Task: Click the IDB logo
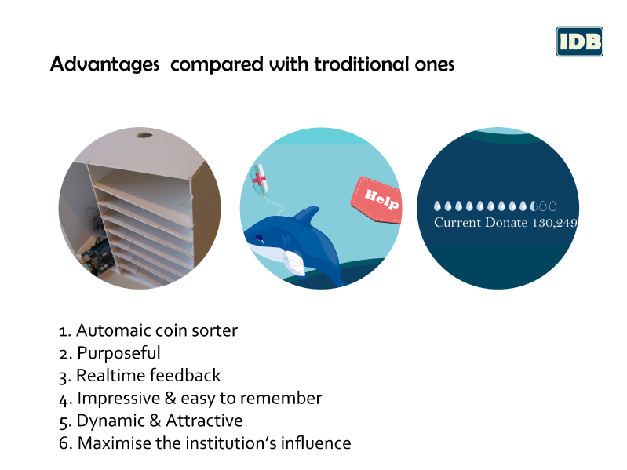click(x=579, y=42)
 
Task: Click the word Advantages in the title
click(x=105, y=64)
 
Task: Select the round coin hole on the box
click(x=144, y=134)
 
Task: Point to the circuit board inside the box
click(x=96, y=256)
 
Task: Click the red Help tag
click(x=377, y=199)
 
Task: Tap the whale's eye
click(x=260, y=238)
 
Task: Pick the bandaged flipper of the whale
click(x=295, y=263)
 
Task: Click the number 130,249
click(x=555, y=223)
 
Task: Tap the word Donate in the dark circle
click(x=506, y=222)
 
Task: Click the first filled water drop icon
click(x=437, y=206)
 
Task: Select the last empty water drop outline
click(x=552, y=206)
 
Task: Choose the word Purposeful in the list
click(x=118, y=353)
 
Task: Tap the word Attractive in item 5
click(x=204, y=421)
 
